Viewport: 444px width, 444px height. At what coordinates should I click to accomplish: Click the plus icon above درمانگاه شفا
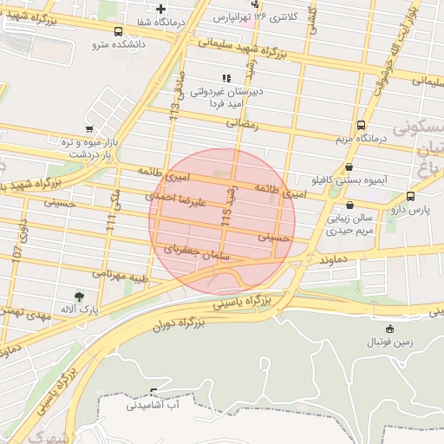[x=160, y=10]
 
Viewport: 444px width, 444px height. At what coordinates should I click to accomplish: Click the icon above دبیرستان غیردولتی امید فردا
[x=226, y=78]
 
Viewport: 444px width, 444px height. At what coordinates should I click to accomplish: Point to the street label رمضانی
[x=243, y=124]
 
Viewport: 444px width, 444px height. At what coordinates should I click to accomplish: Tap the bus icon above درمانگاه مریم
[x=361, y=125]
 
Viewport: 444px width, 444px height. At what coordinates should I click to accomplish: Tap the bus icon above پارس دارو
[x=410, y=196]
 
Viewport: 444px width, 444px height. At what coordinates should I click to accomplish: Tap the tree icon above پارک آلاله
[x=79, y=297]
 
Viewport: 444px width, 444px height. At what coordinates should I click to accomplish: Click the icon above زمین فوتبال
[x=389, y=329]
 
